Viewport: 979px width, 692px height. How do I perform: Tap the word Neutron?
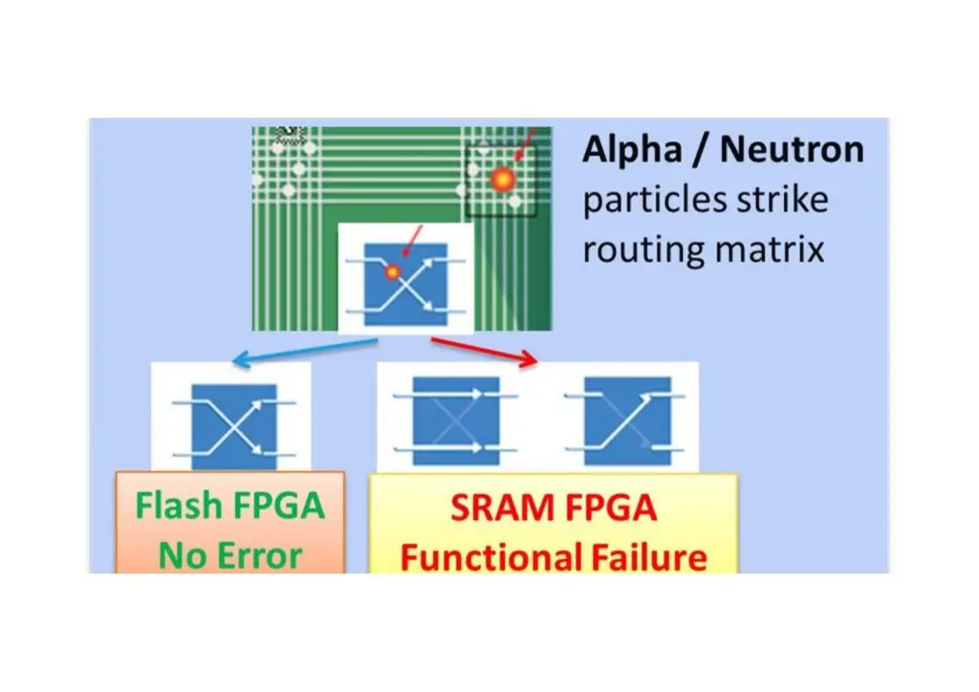792,150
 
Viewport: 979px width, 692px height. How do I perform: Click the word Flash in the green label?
181,506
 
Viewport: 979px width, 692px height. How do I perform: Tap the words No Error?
229,554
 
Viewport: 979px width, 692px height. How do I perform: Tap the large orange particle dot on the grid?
503,179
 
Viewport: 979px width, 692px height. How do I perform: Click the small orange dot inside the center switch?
392,272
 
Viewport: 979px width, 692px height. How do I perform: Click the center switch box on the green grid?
405,284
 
